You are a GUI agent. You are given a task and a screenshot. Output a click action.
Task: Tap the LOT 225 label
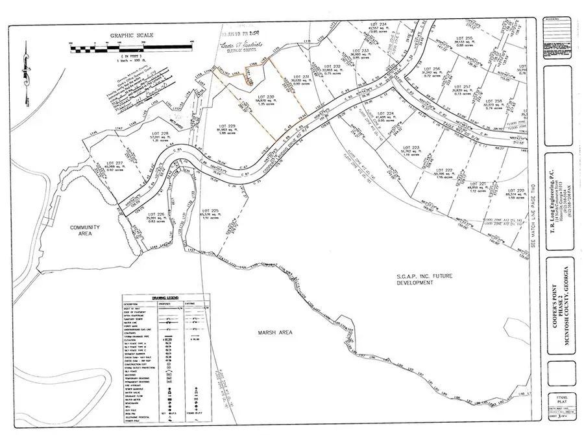coord(211,210)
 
